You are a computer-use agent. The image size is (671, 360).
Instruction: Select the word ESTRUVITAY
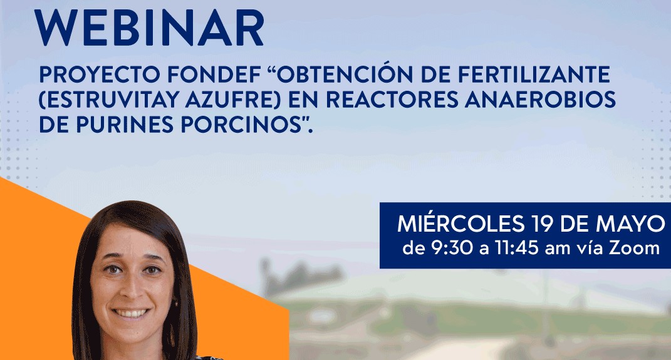[x=101, y=100]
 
